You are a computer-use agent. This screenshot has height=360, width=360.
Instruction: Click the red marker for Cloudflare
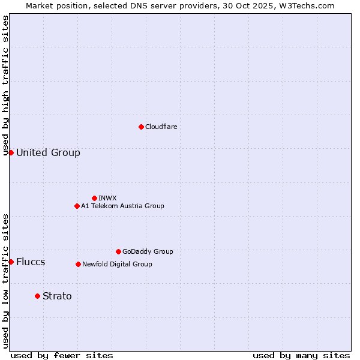[141, 127]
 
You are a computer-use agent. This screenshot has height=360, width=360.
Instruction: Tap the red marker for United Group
[11, 152]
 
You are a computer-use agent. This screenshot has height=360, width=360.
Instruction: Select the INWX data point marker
[94, 198]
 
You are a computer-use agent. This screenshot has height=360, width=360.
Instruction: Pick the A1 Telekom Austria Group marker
[77, 206]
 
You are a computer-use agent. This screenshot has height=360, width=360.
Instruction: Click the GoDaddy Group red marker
[118, 251]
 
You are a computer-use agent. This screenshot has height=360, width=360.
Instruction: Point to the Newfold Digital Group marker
[78, 264]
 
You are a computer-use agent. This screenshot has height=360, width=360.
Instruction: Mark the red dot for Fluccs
[11, 262]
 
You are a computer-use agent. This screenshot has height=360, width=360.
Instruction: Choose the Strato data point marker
[37, 296]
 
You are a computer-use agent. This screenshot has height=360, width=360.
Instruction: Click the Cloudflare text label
[161, 127]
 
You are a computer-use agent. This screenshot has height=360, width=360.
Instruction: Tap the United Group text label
[48, 152]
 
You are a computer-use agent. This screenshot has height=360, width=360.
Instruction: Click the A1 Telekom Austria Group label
[122, 206]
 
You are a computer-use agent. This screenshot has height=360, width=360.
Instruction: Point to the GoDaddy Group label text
[148, 251]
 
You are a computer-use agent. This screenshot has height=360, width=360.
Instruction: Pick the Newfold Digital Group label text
[117, 264]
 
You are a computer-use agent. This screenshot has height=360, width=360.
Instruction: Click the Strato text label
[57, 296]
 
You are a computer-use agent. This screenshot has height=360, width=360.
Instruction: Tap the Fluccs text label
[31, 262]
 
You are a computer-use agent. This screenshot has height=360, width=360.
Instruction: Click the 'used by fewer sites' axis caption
[62, 355]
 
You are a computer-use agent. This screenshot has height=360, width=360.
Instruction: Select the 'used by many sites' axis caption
[301, 355]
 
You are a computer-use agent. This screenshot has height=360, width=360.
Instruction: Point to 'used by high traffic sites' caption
[5, 85]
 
